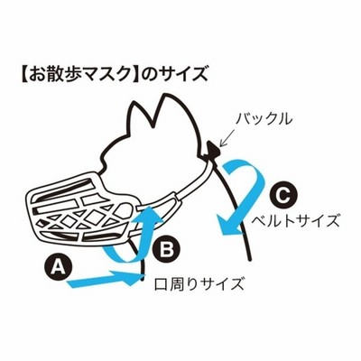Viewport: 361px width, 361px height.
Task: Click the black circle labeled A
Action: [x=59, y=266]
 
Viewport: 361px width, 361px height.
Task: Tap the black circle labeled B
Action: [x=166, y=248]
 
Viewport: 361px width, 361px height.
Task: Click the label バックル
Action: [x=264, y=118]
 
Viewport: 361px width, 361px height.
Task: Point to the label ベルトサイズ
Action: [x=295, y=221]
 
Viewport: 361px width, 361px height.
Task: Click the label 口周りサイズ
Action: [x=199, y=283]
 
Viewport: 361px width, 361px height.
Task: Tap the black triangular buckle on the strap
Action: [x=213, y=150]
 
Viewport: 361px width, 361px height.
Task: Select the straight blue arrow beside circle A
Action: [x=106, y=279]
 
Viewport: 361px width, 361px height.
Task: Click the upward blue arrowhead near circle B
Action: [x=149, y=214]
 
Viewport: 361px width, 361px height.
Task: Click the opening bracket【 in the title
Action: [x=24, y=74]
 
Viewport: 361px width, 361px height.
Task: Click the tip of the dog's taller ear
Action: [x=165, y=94]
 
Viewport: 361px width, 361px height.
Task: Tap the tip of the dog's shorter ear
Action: [x=134, y=103]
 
